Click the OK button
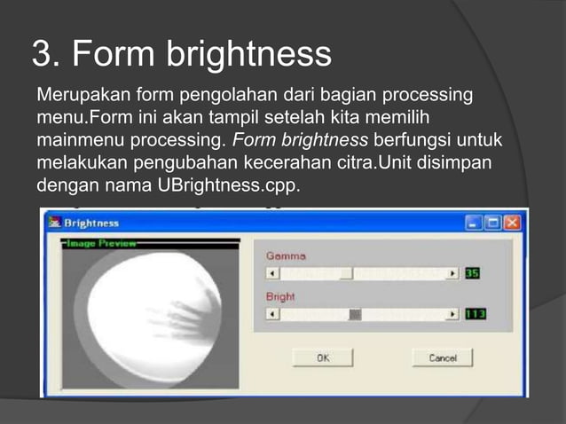323,357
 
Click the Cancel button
442,357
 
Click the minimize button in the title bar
476,223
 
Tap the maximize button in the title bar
493,223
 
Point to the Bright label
279,296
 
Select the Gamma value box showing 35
472,274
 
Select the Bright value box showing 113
476,314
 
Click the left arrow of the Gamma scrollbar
273,274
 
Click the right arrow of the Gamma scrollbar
452,274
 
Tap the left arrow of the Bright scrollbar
273,314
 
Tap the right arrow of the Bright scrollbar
452,314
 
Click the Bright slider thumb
355,314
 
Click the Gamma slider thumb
345,274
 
